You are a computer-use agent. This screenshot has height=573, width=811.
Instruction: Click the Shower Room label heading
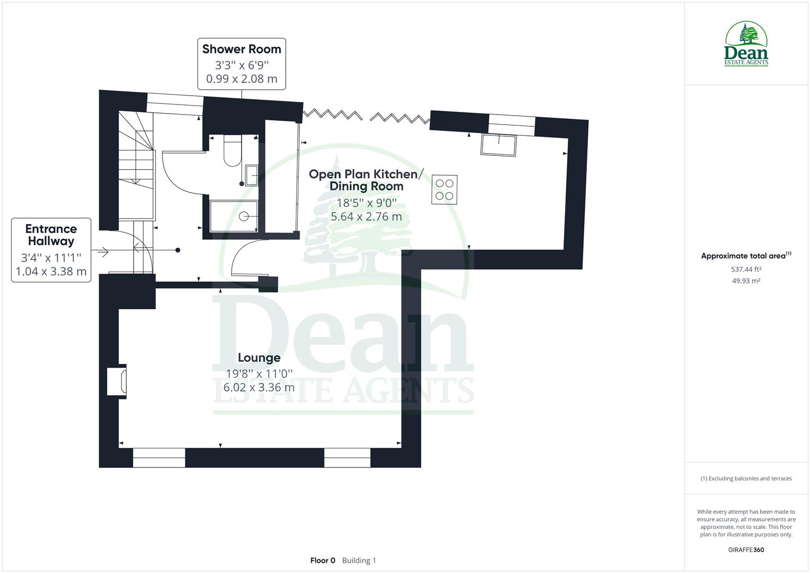click(x=242, y=49)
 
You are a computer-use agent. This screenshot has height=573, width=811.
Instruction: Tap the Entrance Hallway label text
click(x=51, y=235)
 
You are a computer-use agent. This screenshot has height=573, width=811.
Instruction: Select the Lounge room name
click(x=259, y=358)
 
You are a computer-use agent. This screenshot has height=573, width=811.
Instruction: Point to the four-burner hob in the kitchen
click(x=444, y=189)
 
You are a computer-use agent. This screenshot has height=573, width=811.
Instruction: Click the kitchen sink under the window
click(x=498, y=145)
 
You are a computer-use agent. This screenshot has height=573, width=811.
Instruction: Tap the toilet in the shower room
click(x=233, y=151)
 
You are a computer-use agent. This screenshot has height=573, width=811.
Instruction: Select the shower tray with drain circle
click(x=234, y=216)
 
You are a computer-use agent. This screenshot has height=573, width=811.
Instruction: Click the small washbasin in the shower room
click(x=252, y=175)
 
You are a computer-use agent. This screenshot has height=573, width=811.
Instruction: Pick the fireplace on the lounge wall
click(x=117, y=380)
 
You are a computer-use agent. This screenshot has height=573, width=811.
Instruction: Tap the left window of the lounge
click(x=159, y=457)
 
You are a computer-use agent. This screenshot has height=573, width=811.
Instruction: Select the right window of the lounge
click(x=347, y=457)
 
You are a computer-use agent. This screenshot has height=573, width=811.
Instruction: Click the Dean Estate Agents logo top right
click(x=746, y=44)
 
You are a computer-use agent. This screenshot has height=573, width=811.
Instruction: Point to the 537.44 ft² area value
click(x=746, y=269)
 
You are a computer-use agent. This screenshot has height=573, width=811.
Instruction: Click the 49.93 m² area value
click(x=746, y=281)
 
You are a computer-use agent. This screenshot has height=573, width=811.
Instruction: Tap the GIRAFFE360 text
click(x=746, y=550)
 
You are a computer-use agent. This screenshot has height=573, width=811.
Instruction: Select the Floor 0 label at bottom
click(x=322, y=560)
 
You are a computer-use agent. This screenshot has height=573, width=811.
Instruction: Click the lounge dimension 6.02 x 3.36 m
click(x=259, y=387)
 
